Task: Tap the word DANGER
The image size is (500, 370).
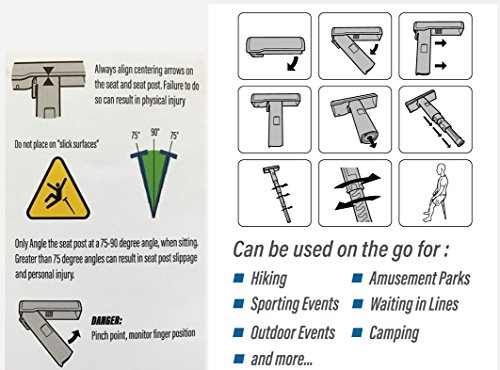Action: pos(107,321)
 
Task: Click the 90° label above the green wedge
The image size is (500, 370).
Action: pos(155,132)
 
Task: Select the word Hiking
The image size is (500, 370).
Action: pos(269,279)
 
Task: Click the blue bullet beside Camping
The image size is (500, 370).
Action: pos(357,332)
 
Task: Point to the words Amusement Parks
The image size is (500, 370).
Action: pos(420,279)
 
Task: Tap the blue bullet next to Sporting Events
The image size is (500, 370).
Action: pos(239,304)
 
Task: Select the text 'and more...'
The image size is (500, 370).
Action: pos(282,359)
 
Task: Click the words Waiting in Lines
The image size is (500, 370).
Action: pos(414,304)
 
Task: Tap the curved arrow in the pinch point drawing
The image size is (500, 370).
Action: pos(74,336)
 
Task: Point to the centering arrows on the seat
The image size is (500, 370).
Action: pos(48,76)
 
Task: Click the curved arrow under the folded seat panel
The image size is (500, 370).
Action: pos(293,63)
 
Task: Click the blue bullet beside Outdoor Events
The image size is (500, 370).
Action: pos(239,332)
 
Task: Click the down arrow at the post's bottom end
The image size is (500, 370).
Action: pos(372,142)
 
